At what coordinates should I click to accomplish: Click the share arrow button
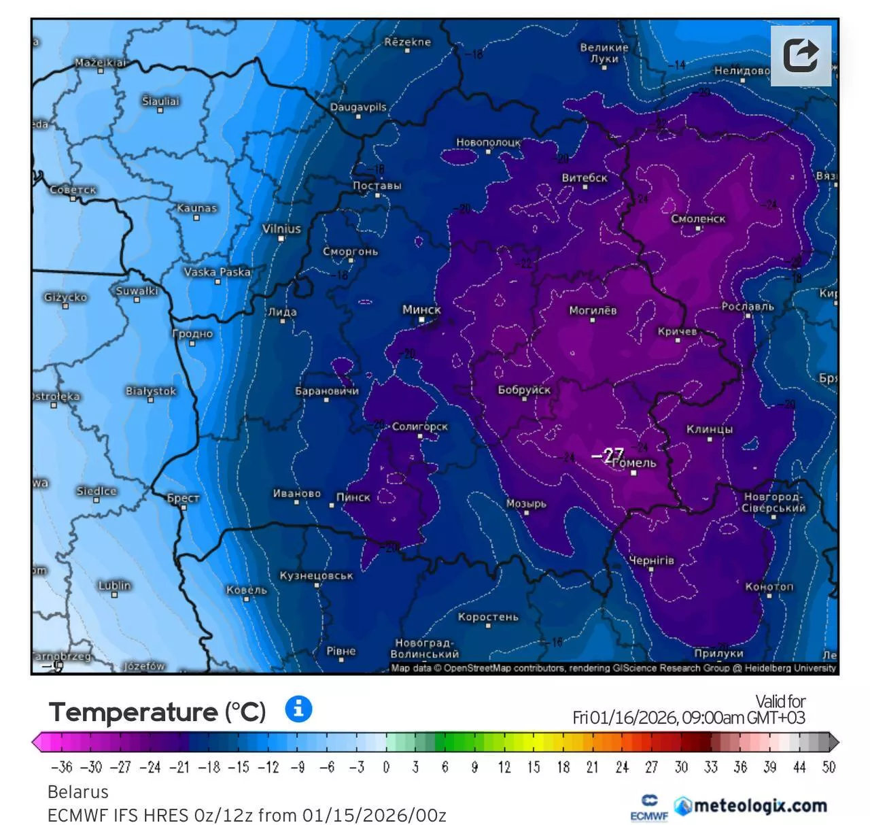(801, 56)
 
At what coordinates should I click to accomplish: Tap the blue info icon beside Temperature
(298, 709)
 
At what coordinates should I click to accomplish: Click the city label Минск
(421, 309)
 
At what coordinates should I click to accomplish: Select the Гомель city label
(635, 463)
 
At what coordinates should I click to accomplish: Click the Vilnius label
(281, 229)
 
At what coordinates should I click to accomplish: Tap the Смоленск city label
(698, 219)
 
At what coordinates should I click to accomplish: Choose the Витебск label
(585, 178)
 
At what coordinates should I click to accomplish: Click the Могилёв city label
(593, 310)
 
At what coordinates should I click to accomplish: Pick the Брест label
(183, 498)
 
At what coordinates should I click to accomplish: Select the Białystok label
(151, 391)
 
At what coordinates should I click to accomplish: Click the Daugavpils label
(358, 107)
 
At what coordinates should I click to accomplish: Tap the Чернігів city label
(651, 560)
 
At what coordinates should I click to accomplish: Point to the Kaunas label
(196, 208)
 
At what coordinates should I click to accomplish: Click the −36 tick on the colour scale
(61, 767)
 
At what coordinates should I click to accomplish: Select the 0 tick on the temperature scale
(386, 767)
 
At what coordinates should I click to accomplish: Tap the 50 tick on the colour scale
(829, 767)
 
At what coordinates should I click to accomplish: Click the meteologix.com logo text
(760, 806)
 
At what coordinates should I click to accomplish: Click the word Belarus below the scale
(78, 792)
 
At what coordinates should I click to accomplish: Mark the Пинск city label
(353, 497)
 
